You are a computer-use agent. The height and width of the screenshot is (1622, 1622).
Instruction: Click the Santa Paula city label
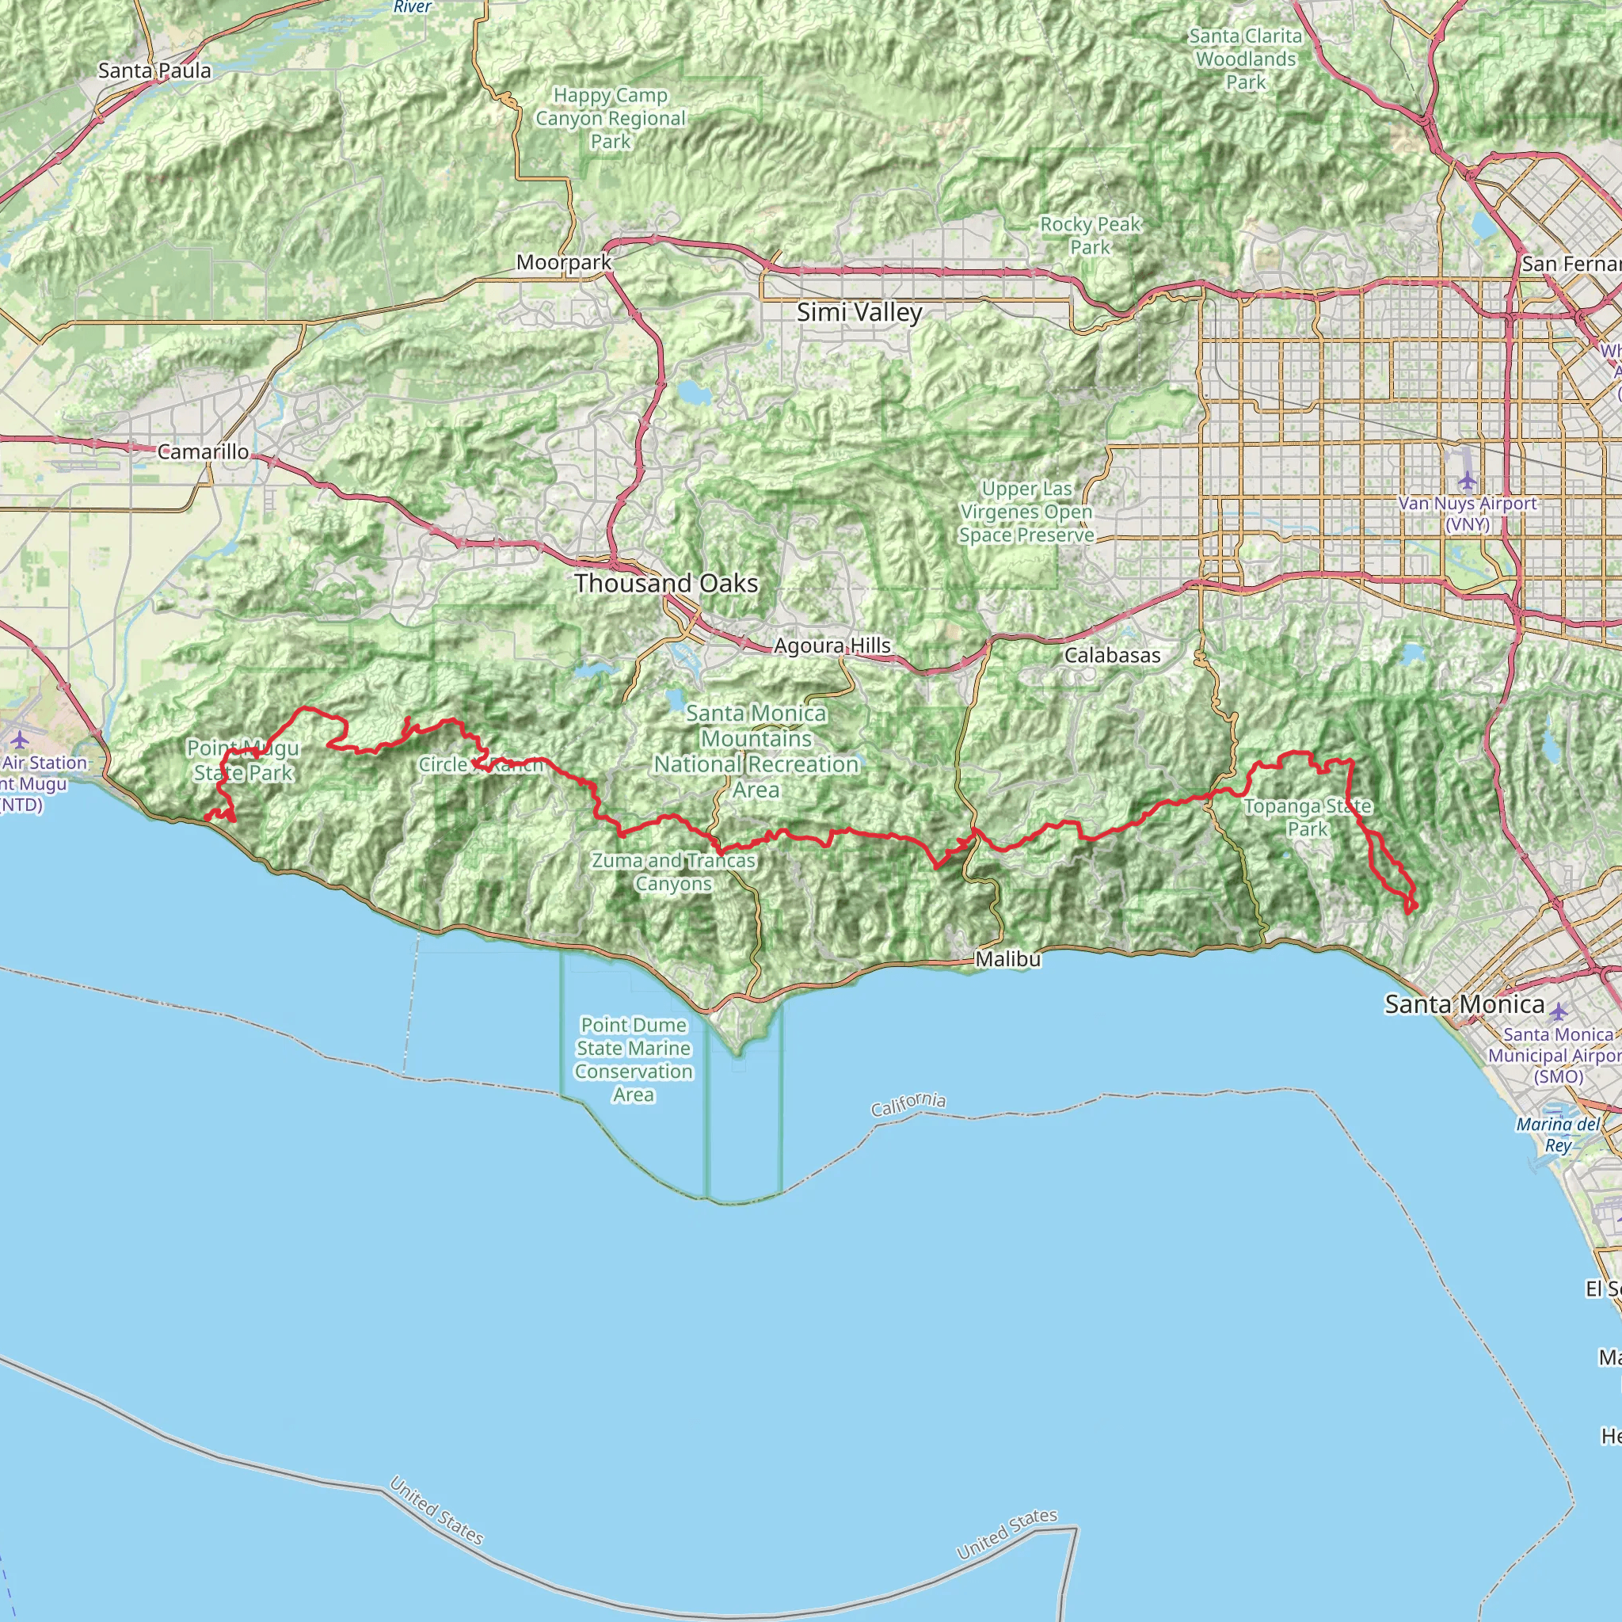154,70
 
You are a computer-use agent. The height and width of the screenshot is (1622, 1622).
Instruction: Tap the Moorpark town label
563,262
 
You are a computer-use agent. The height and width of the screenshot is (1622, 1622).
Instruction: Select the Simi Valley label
859,312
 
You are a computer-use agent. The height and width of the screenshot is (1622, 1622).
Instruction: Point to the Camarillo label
204,451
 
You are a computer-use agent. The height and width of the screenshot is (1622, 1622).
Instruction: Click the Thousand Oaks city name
666,583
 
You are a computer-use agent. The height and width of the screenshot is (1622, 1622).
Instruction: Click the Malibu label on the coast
1007,959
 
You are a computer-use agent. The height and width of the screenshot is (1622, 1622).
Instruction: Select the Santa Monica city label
1464,1004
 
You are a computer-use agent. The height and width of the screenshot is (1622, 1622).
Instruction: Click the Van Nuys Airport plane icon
1467,481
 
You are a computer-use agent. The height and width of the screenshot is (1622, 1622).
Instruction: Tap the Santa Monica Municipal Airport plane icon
1558,1011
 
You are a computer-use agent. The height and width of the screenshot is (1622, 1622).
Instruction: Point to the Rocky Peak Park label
1090,236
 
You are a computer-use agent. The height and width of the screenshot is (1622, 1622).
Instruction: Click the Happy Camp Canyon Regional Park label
611,118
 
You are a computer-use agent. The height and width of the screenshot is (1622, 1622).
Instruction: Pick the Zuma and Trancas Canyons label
673,871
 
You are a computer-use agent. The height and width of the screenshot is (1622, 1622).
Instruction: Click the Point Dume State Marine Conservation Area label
634,1060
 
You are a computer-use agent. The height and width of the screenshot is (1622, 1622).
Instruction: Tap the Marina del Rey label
1558,1134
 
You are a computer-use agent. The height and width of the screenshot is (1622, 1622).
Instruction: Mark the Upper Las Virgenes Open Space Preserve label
1026,512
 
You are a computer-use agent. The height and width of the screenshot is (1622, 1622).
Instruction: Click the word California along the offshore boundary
908,1105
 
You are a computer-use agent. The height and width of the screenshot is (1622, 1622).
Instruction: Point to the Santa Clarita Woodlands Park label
1245,59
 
